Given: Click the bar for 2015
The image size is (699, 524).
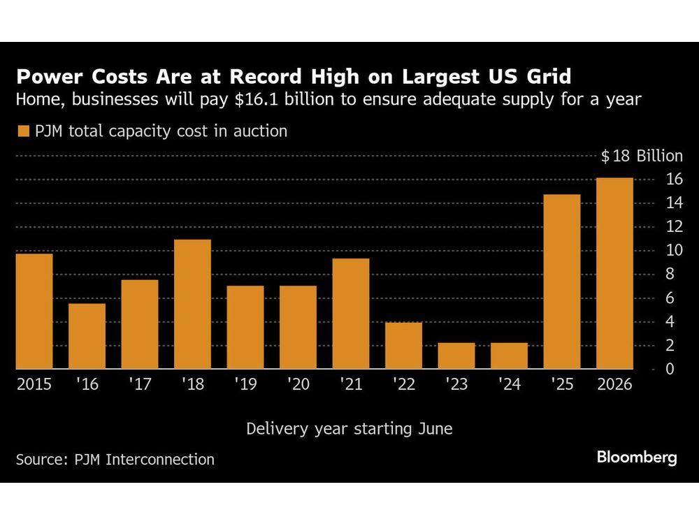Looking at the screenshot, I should [34, 311].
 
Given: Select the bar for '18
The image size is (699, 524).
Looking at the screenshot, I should [192, 304].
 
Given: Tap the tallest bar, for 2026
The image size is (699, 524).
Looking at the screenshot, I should [614, 273].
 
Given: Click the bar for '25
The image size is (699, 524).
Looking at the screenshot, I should [562, 282].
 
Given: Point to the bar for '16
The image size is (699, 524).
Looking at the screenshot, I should [87, 336].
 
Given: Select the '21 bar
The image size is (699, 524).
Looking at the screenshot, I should [351, 314].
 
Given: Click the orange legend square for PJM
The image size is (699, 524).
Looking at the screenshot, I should [23, 131].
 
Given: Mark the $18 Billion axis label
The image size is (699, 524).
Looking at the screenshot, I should [641, 156].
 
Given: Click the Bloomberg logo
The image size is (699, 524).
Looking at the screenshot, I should [637, 458].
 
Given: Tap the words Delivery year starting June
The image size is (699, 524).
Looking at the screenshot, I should [349, 428].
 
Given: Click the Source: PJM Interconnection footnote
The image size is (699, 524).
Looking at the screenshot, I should [115, 459].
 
